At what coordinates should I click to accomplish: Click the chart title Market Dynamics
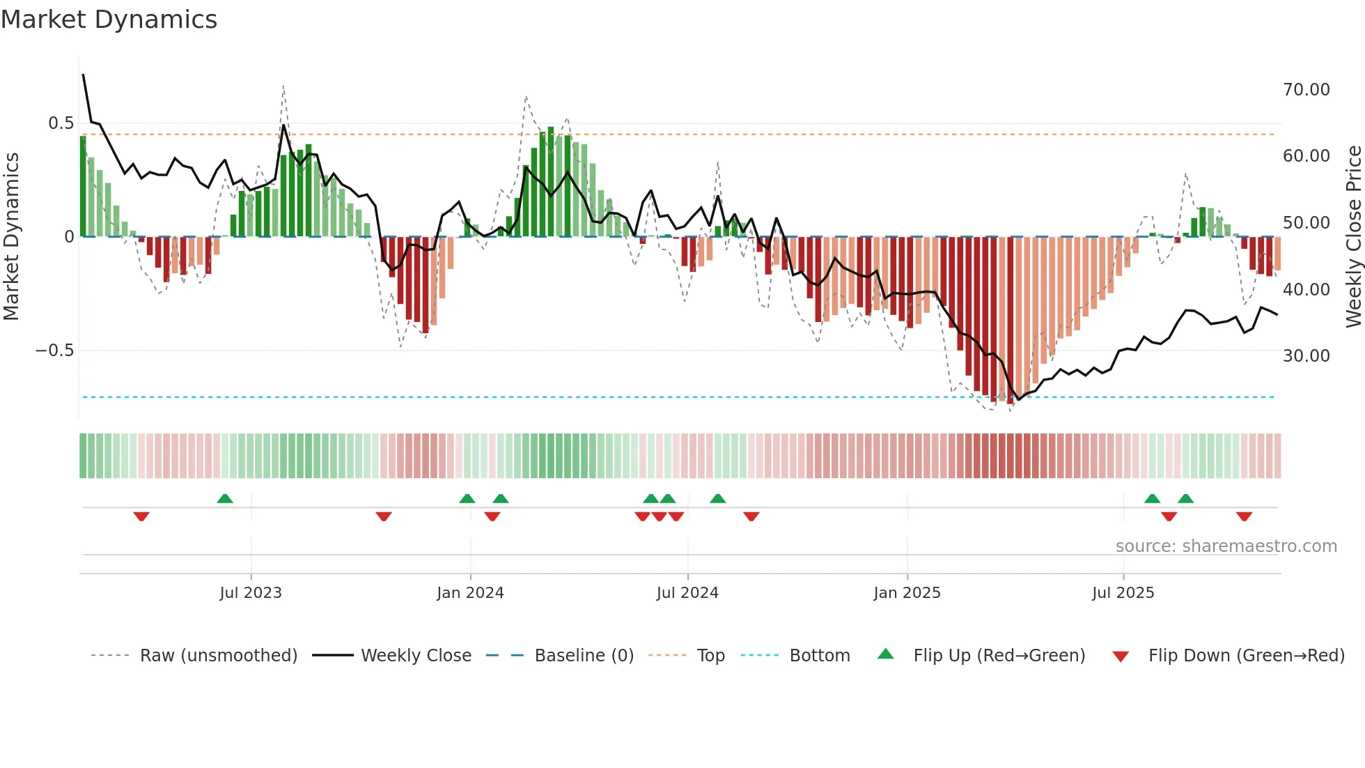tap(109, 20)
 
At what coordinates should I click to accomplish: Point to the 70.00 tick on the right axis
tap(1306, 90)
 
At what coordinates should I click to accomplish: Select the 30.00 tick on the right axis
tap(1306, 356)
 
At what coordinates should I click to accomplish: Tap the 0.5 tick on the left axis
tap(61, 123)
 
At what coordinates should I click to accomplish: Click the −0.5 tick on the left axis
tap(54, 351)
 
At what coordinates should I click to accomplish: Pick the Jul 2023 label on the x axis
tap(251, 593)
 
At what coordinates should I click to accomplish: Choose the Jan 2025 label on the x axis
tap(907, 593)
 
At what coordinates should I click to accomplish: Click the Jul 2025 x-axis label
tap(1123, 593)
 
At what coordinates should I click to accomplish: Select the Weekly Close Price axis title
tap(1353, 237)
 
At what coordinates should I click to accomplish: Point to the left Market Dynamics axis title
tap(11, 237)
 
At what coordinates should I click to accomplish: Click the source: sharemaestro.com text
tap(1226, 546)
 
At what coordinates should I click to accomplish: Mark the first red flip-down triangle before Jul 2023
tap(141, 516)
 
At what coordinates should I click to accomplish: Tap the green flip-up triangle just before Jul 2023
tap(225, 498)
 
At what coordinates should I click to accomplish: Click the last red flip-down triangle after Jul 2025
tap(1244, 516)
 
